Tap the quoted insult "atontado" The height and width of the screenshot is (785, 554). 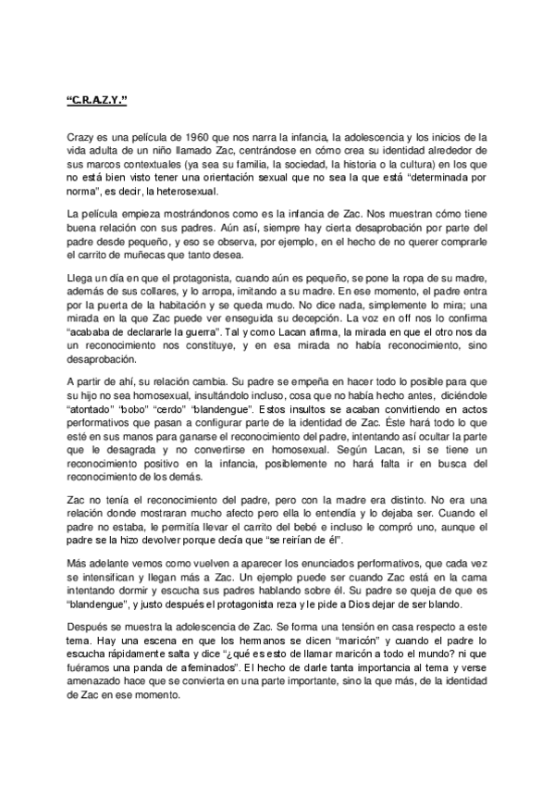click(x=92, y=431)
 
